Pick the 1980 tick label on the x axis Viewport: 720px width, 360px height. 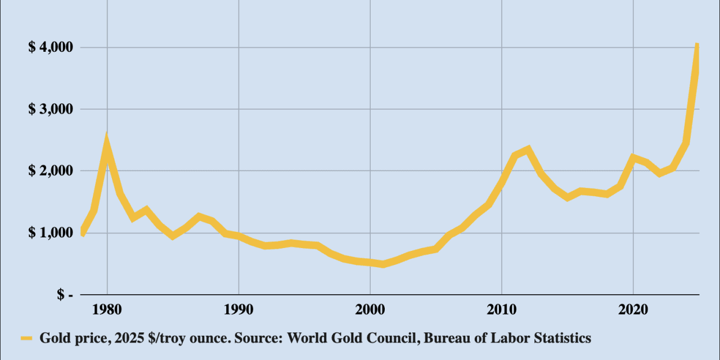pos(107,311)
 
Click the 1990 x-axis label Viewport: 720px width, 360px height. pos(238,311)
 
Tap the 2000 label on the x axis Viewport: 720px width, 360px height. pos(370,311)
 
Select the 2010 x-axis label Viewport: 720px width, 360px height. pos(502,311)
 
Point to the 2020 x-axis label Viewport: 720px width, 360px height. pos(633,311)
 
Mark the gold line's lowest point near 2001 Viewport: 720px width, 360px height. pos(383,264)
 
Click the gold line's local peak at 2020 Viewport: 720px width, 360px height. pos(633,157)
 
